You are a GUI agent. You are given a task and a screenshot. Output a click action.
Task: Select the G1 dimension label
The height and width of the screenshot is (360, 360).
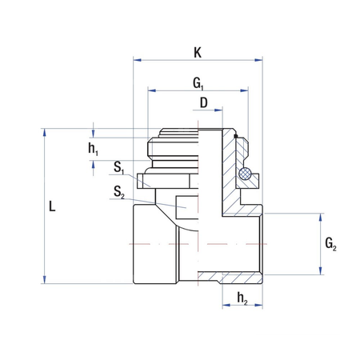[x=198, y=83]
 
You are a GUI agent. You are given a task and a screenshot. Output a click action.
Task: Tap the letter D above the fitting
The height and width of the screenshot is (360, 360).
[x=203, y=103]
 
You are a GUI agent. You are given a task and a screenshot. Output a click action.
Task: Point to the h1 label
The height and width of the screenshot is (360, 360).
[x=93, y=149]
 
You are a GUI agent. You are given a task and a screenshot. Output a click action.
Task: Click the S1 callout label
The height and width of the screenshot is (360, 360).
[x=118, y=168]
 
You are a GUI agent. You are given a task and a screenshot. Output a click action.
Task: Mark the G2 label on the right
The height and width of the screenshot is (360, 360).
[x=331, y=244]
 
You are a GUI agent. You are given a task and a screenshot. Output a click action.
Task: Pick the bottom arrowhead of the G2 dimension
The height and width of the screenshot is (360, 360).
[x=322, y=272]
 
